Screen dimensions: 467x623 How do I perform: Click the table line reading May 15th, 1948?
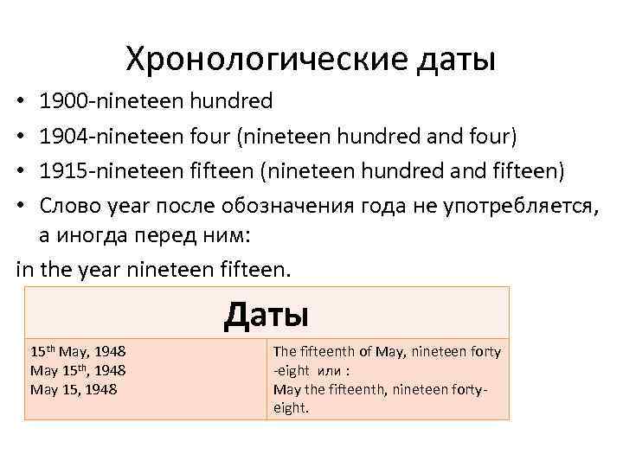pyautogui.click(x=79, y=370)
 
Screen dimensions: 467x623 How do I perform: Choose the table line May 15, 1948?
pyautogui.click(x=74, y=389)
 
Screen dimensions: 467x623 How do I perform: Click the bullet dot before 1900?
pyautogui.click(x=21, y=103)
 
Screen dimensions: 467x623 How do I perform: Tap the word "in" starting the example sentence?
pyautogui.click(x=25, y=270)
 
